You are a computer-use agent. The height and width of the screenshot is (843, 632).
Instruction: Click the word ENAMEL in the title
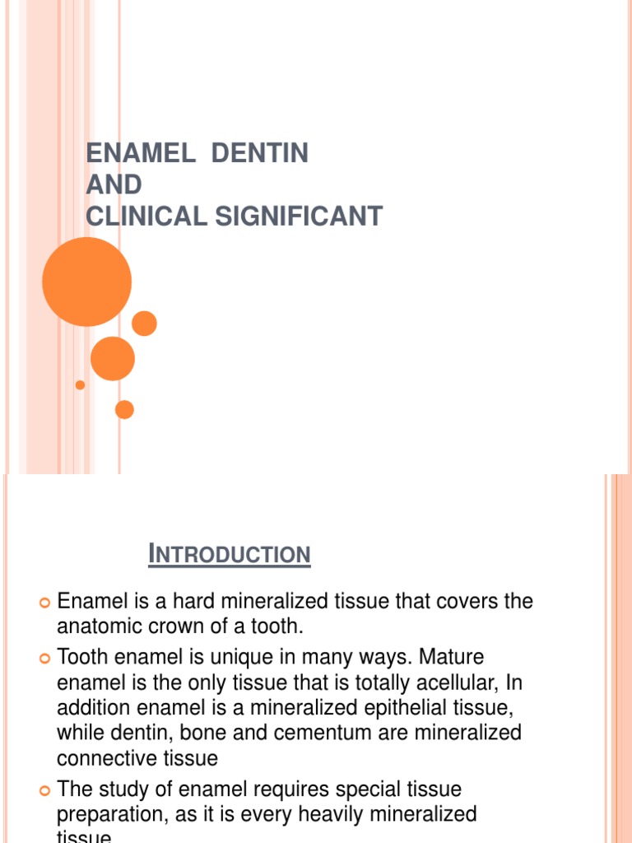point(137,153)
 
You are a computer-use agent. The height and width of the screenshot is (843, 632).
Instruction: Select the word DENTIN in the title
point(259,153)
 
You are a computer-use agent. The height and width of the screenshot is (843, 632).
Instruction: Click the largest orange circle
point(86,282)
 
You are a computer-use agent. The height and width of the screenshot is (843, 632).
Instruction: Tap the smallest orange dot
point(80,384)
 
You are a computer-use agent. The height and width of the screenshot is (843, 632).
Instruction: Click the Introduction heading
point(230,556)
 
